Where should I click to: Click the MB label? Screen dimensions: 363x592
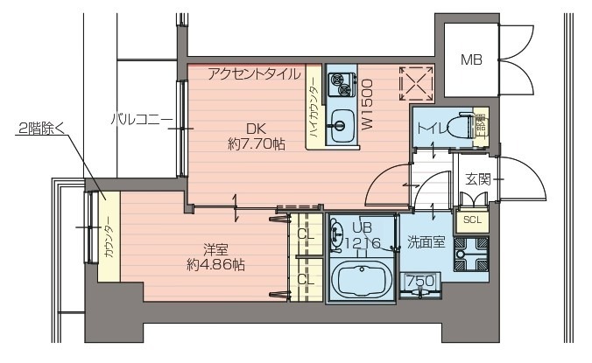(471, 60)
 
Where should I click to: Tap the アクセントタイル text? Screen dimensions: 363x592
(255, 74)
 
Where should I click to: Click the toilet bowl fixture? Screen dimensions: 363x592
(455, 128)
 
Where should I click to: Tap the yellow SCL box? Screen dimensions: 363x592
(471, 220)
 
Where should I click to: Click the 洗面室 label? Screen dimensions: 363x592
(426, 242)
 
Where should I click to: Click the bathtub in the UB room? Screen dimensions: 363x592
(361, 281)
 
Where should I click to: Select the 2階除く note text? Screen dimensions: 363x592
(43, 130)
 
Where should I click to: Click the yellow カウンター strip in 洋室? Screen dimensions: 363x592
(107, 237)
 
